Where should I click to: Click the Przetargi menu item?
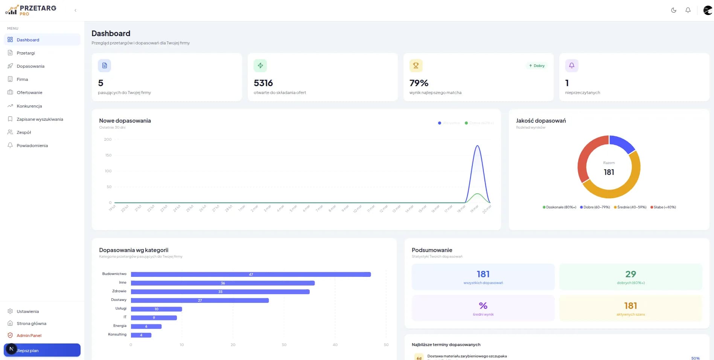tap(26, 53)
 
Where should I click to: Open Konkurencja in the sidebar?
tap(29, 106)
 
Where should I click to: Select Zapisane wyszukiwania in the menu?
tap(40, 119)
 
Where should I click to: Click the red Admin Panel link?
tap(29, 336)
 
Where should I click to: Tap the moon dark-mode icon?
tap(674, 10)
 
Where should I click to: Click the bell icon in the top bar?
tap(688, 10)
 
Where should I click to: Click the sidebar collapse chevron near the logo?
tap(75, 10)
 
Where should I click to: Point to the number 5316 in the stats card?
tap(263, 83)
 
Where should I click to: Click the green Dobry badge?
tap(537, 65)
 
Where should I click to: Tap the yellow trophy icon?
tap(416, 65)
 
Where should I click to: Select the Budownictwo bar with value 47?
tap(251, 274)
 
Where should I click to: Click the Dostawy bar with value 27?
tap(199, 300)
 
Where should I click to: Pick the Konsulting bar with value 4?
tap(141, 335)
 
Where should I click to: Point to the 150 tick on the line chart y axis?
tap(108, 155)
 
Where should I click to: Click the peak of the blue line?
tap(477, 146)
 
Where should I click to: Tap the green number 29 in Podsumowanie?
tap(630, 274)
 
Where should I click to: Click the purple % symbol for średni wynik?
tap(483, 305)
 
